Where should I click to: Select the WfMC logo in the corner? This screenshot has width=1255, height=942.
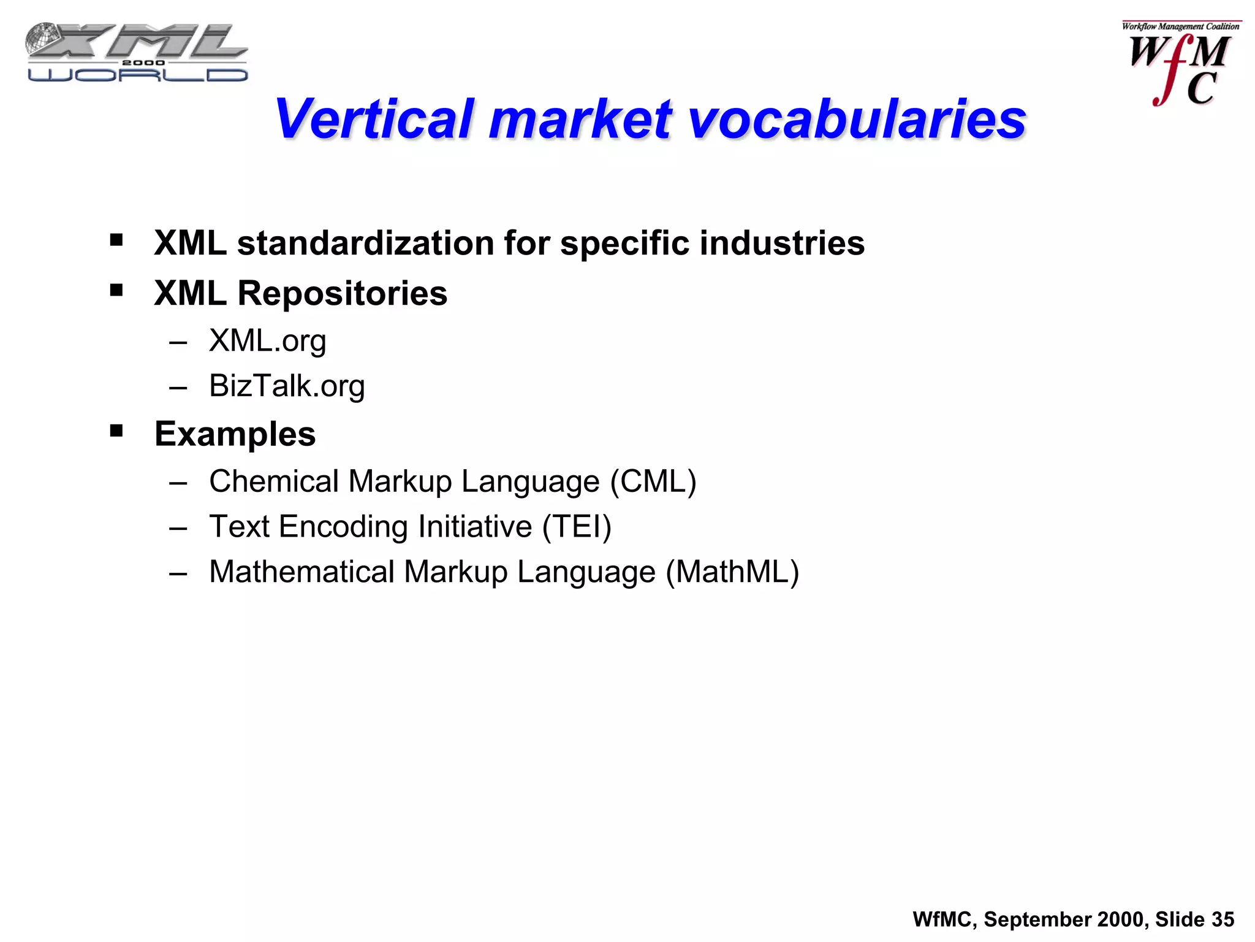pos(1180,64)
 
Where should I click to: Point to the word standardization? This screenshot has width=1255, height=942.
pos(365,243)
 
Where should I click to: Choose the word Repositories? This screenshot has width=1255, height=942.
pos(342,293)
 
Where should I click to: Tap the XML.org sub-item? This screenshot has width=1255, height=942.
pos(267,341)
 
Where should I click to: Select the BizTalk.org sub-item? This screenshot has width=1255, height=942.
pos(287,386)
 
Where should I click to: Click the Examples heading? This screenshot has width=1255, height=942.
pos(235,434)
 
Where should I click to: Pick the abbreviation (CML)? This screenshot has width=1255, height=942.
pos(653,481)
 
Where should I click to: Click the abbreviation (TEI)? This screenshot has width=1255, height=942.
pos(577,527)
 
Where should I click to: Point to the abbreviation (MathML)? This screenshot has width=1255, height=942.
pos(732,572)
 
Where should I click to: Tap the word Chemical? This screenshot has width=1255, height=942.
pos(273,481)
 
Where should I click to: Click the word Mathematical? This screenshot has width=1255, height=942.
pos(301,572)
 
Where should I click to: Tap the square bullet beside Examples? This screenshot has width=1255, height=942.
pos(116,431)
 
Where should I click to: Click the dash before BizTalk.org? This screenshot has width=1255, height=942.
pos(178,388)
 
